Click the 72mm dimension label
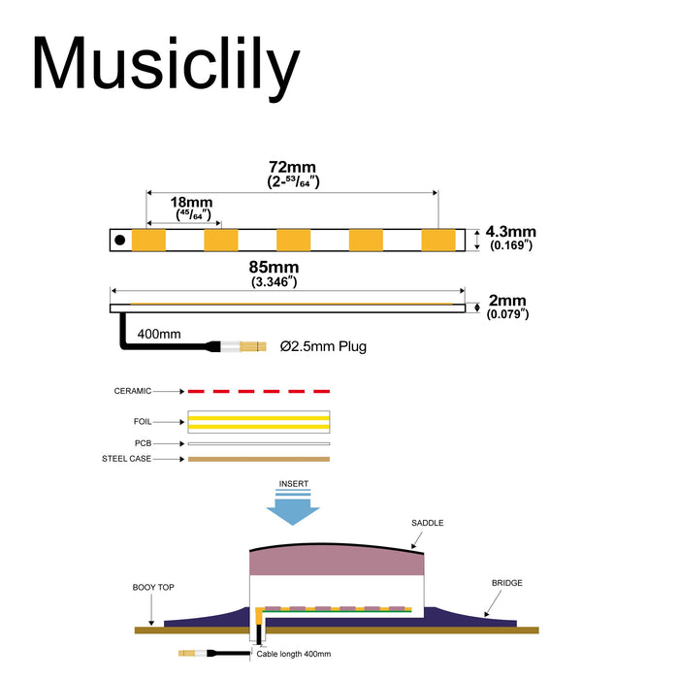coord(292,168)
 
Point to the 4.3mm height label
coord(510,232)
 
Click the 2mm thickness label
coord(507,300)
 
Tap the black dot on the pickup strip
coord(120,239)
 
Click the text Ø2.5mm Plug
coord(323,346)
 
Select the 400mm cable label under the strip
coord(159,334)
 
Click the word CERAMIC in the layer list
coord(133,391)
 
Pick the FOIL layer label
coord(142,422)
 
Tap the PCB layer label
coord(145,443)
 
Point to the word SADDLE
coord(427,523)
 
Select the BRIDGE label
coord(506,583)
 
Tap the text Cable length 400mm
coord(293,655)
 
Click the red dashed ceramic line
coord(258,391)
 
